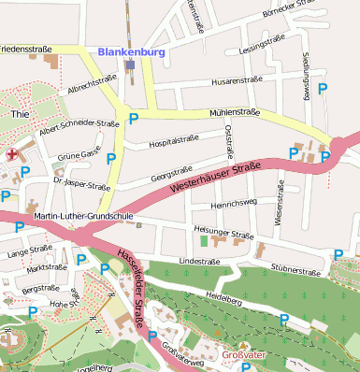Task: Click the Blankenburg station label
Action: point(131,52)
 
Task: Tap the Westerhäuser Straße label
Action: point(215,178)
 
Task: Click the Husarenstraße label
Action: point(237,81)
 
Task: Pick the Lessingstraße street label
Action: point(261,47)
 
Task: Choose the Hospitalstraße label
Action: point(174,141)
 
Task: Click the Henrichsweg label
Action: point(234,202)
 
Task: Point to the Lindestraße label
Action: point(198,262)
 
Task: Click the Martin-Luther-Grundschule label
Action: point(84,217)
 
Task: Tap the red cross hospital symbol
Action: point(11,154)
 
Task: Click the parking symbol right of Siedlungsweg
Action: point(324,89)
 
